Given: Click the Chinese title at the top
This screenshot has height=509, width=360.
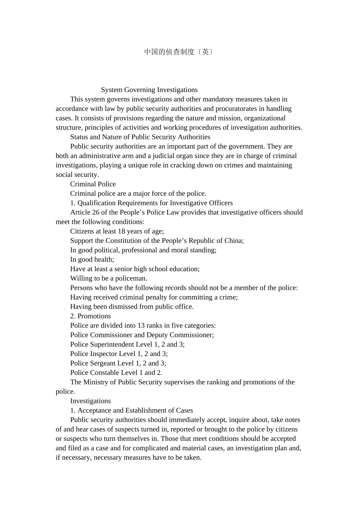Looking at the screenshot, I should (178, 52).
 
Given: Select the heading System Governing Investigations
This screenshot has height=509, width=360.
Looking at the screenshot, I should (149, 90).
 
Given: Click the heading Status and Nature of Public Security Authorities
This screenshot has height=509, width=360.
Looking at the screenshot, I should (140, 137).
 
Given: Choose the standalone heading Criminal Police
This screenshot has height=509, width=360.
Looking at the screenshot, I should (93, 184).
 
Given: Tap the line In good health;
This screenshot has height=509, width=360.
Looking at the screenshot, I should (92, 259).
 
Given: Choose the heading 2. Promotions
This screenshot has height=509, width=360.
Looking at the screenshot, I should (90, 316).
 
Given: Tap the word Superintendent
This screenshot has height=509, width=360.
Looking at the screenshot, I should (112, 345).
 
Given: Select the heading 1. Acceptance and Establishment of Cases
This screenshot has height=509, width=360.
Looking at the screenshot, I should (131, 411).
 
